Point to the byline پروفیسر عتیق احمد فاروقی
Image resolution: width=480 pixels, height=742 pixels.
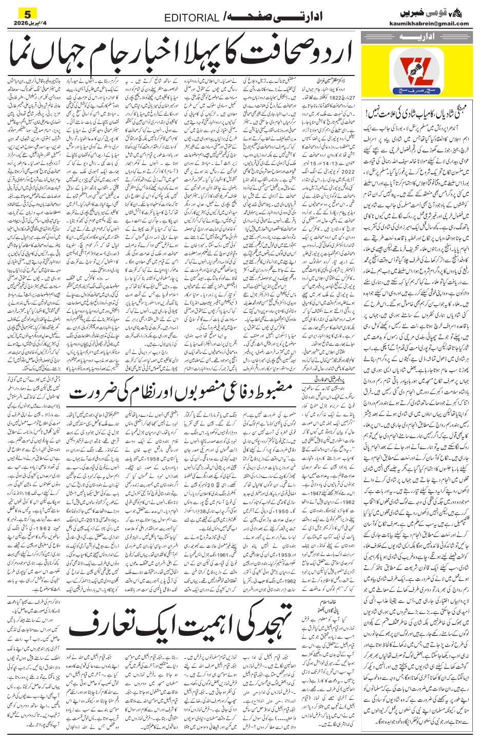tap(326, 379)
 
